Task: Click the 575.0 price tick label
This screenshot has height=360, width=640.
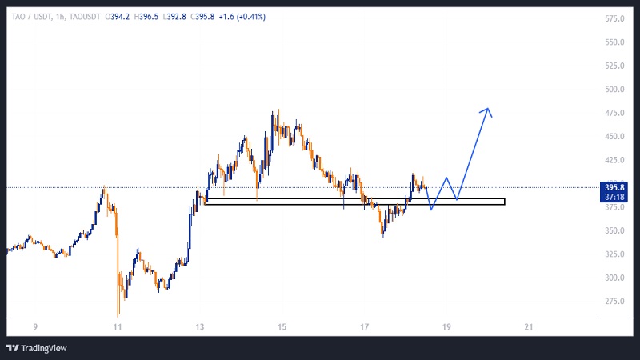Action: point(614,18)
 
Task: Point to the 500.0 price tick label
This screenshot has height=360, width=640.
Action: point(614,90)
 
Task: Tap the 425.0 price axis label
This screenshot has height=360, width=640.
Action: point(614,160)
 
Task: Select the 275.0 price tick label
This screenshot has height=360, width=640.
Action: point(614,301)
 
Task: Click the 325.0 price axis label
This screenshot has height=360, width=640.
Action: point(614,254)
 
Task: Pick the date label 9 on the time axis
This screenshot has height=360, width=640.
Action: point(35,326)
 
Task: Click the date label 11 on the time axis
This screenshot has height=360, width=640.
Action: point(118,326)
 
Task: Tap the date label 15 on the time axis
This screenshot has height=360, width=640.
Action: point(282,326)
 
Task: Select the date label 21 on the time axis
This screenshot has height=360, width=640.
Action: point(528,326)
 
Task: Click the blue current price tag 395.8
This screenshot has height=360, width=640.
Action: point(614,188)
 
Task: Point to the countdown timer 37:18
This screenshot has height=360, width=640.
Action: point(614,197)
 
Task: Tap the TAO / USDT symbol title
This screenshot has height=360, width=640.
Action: point(31,16)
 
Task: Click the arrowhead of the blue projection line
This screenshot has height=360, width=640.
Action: point(486,110)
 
